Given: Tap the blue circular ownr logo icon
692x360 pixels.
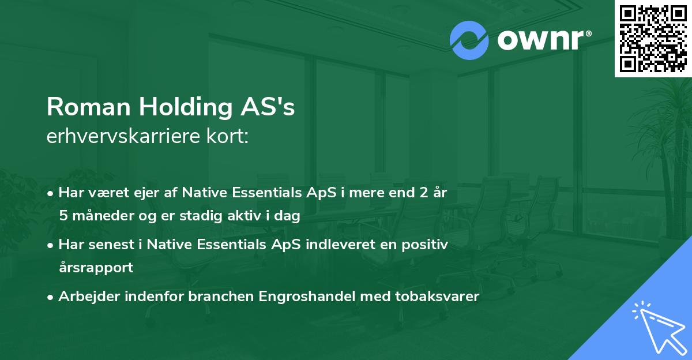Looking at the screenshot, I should [x=469, y=40].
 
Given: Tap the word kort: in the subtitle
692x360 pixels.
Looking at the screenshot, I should [x=230, y=136].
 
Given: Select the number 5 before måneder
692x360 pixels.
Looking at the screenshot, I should [x=63, y=216].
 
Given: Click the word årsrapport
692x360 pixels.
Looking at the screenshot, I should [x=96, y=268].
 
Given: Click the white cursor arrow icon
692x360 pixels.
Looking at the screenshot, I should [x=656, y=327].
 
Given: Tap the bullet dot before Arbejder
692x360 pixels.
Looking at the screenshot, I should [x=51, y=297].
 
